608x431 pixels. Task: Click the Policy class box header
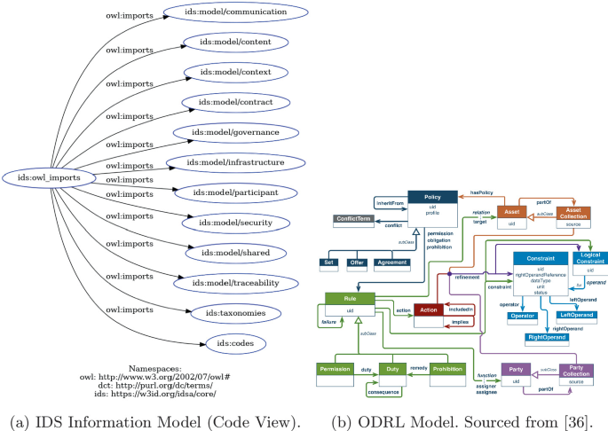pos(432,198)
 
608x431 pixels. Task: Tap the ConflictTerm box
pos(352,218)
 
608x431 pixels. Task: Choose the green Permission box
pos(338,368)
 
